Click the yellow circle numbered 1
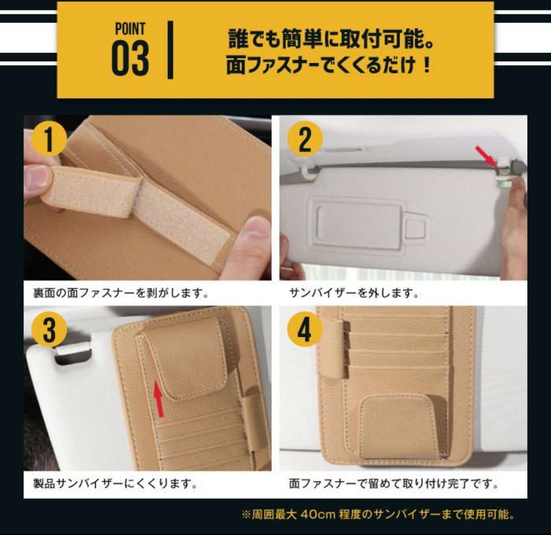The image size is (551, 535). tap(49, 139)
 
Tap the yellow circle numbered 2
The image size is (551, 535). tap(305, 139)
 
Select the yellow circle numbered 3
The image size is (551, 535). tap(49, 330)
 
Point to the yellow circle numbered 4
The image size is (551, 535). tap(305, 330)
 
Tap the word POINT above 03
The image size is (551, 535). tap(130, 29)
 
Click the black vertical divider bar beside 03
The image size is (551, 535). tap(170, 50)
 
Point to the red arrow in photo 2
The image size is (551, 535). tap(486, 156)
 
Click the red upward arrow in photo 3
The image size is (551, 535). tap(159, 400)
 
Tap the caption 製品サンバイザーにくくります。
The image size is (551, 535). tap(115, 483)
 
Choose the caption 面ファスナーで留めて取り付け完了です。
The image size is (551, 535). tap(393, 483)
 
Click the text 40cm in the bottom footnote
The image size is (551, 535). tap(318, 515)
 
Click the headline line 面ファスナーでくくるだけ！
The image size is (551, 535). tap(329, 66)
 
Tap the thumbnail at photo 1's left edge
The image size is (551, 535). tap(37, 177)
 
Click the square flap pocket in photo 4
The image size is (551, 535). tap(398, 427)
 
